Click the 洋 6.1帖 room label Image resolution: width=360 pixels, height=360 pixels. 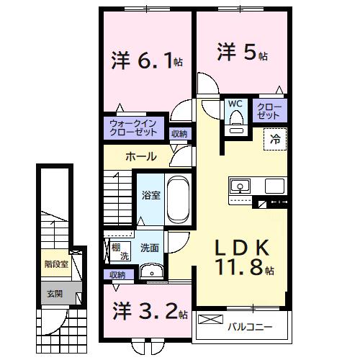(x=146, y=60)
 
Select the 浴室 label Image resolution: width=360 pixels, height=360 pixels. (x=150, y=194)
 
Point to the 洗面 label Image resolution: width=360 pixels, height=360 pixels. (x=150, y=248)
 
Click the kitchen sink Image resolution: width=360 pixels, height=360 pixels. (x=239, y=186)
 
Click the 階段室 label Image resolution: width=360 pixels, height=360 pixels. (x=55, y=264)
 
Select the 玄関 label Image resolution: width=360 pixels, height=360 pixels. (x=55, y=293)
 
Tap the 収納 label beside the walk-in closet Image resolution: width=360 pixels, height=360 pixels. (x=179, y=133)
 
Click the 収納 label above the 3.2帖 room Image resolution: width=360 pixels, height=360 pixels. (x=117, y=274)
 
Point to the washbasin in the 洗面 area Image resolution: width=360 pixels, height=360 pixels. (x=150, y=271)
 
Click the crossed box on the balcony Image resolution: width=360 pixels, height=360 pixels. (x=210, y=318)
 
